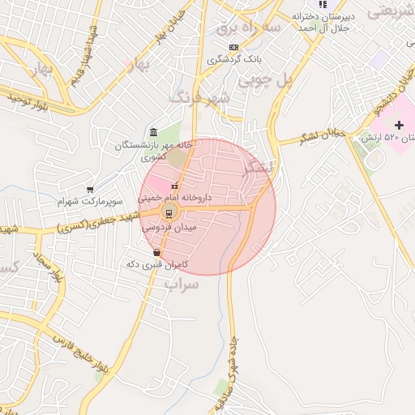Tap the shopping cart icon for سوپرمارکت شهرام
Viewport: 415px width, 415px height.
(x=90, y=189)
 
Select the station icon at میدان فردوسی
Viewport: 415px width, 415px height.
(x=169, y=213)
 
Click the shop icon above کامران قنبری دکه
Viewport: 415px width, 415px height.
(x=156, y=254)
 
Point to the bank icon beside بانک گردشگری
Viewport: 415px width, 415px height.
(x=234, y=47)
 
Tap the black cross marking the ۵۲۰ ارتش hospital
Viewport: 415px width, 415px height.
(x=399, y=125)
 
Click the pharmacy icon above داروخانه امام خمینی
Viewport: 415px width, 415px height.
(x=174, y=186)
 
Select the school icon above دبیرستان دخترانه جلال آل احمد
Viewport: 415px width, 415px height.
(x=323, y=4)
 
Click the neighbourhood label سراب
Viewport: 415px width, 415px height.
(x=182, y=284)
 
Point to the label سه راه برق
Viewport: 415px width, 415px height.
(x=248, y=28)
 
